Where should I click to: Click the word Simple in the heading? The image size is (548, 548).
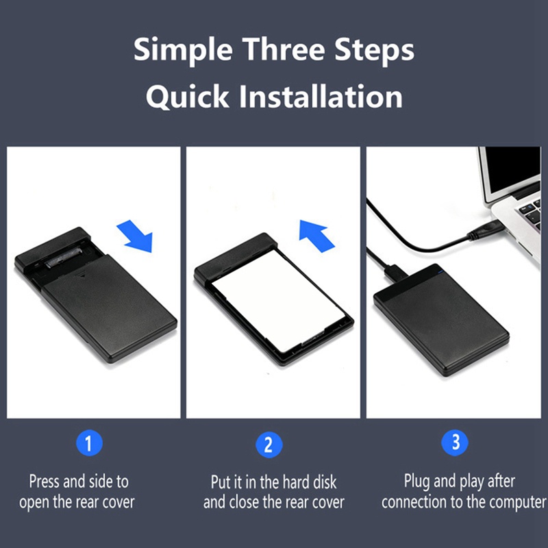pos(183,50)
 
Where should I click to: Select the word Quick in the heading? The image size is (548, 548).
pos(188,97)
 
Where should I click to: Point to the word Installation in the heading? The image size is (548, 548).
pos(321,96)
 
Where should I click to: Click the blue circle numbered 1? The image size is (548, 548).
pos(89,443)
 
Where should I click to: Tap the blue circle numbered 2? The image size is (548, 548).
pos(269,445)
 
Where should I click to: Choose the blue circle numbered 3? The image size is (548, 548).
pos(455,442)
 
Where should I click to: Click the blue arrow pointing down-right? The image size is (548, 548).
pos(136,236)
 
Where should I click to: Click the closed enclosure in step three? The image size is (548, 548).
pos(441,320)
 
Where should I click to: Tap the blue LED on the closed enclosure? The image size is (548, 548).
pos(440,271)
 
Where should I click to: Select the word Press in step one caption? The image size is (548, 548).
pos(45,482)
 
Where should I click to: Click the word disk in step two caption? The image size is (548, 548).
pos(324,482)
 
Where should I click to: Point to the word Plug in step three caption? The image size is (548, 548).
pos(417,482)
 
